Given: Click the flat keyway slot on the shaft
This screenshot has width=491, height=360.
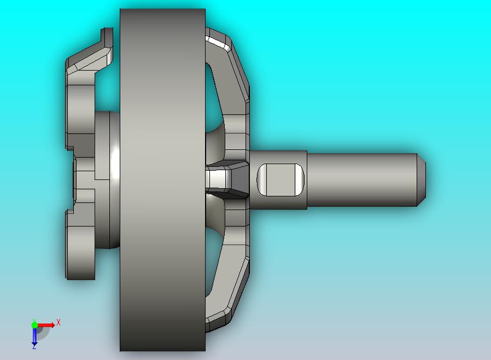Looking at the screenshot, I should coord(279,179).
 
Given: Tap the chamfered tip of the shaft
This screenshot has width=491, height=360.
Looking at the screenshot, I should coord(422,179).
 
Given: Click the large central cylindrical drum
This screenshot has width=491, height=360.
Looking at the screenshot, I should coord(162,179).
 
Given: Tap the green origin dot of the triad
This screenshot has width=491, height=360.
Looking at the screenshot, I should coord(34,325).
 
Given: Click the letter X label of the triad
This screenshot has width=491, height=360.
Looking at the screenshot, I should coord(59,323).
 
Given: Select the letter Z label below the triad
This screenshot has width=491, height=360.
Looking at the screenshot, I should coord(34,347).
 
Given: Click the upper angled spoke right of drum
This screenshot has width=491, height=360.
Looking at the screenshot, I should coord(224,88).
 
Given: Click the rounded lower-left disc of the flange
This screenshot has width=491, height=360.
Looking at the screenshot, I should coord(81,252).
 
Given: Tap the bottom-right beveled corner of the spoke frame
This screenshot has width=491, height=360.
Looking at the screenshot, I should coord(219,320).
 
